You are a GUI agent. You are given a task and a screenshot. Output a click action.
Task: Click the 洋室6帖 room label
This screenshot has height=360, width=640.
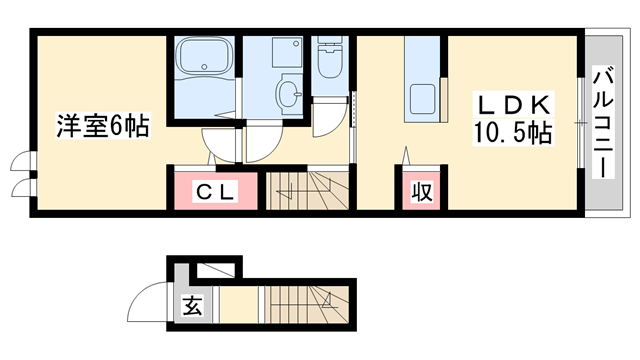pos(103,125)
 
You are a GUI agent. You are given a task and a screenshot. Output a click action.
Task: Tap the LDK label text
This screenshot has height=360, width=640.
pos(513,104)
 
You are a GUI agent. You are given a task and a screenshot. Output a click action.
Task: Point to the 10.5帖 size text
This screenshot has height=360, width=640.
pos(513,133)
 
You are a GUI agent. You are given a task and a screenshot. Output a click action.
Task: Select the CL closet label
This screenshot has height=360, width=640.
pos(215,192)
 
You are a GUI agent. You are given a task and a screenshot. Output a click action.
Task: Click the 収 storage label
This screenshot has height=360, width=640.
pos(422,192)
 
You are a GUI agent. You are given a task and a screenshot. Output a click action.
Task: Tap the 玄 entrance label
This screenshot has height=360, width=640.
pos(193,305)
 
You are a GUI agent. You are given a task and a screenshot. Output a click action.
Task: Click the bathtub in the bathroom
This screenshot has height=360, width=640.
pos(204,57)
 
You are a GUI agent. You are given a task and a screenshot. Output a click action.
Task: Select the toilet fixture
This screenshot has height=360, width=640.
pos(330,57)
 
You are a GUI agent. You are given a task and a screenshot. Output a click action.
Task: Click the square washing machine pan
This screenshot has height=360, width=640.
pos(287,52)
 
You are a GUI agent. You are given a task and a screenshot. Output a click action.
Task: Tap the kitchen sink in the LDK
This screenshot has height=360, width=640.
pos(422,99)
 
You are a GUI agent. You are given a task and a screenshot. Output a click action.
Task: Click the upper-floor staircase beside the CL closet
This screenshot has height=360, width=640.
pos(307,190)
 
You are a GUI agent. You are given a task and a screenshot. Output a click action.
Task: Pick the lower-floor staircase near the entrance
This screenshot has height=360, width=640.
pos(307,304)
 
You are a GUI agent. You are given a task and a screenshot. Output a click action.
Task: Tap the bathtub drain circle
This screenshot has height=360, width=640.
pos(204,67)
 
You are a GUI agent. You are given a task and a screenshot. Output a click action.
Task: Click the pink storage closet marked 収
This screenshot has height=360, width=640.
pos(422,191)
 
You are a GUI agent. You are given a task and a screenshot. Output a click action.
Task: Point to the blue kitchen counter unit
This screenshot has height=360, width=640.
pos(422,79)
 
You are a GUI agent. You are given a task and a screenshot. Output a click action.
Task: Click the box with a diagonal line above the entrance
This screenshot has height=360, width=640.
pos(216,270)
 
